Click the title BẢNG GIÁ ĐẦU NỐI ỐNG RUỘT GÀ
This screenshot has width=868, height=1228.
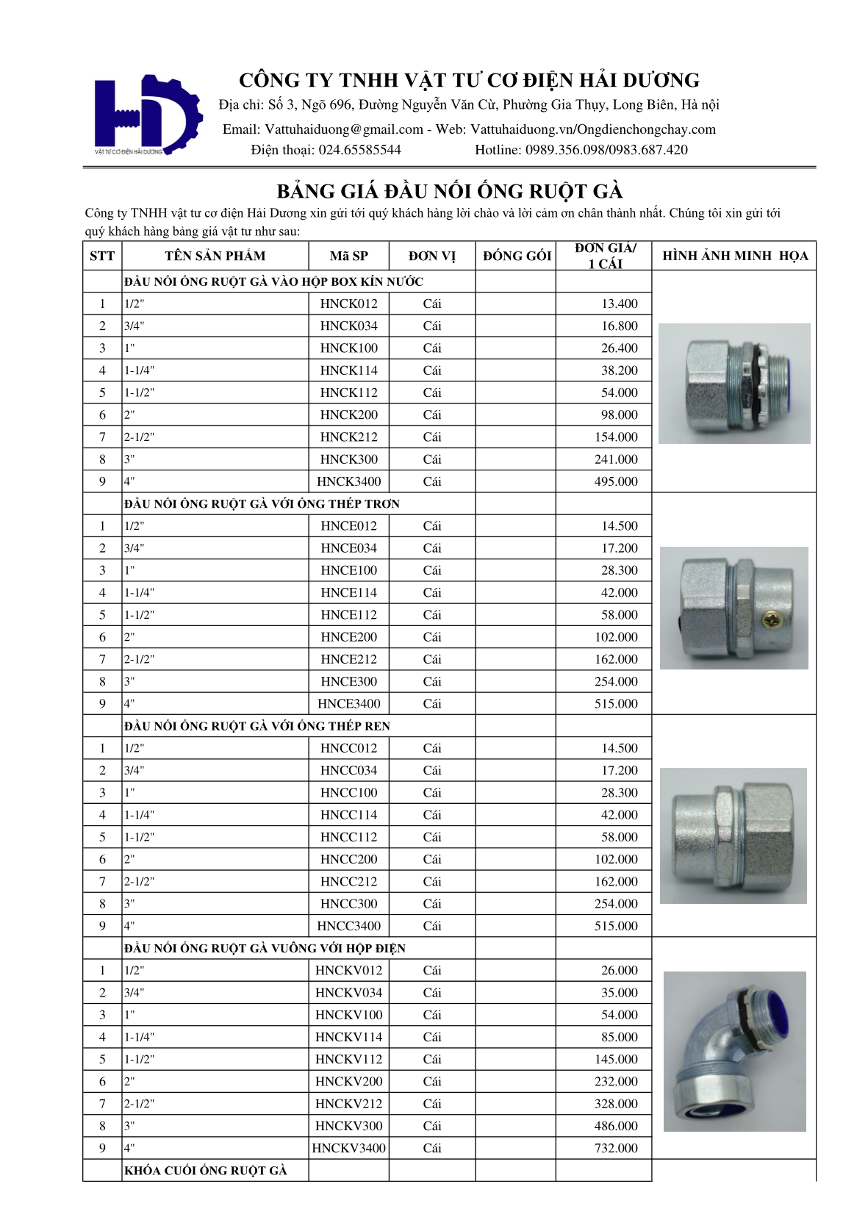[x=449, y=192]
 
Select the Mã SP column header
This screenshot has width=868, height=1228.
[x=349, y=256]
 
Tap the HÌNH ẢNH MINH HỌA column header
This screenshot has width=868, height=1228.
[x=734, y=256]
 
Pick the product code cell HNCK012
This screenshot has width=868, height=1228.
[x=348, y=304]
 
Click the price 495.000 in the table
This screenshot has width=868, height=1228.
[x=616, y=482]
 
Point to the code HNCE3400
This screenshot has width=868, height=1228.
[x=348, y=704]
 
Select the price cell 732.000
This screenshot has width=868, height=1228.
[x=616, y=1149]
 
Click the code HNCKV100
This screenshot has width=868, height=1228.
[x=348, y=1015]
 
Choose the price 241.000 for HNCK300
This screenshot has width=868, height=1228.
[x=616, y=460]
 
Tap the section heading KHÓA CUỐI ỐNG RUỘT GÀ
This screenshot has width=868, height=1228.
[x=205, y=1171]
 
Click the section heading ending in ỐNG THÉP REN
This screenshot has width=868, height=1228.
[x=257, y=726]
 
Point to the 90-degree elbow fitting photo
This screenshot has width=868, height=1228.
[x=734, y=1051]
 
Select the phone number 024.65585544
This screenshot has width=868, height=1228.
[x=359, y=151]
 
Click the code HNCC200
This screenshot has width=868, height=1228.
[x=348, y=860]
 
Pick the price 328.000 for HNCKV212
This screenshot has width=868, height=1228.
[x=616, y=1104]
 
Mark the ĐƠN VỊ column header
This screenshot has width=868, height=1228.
[x=432, y=256]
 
